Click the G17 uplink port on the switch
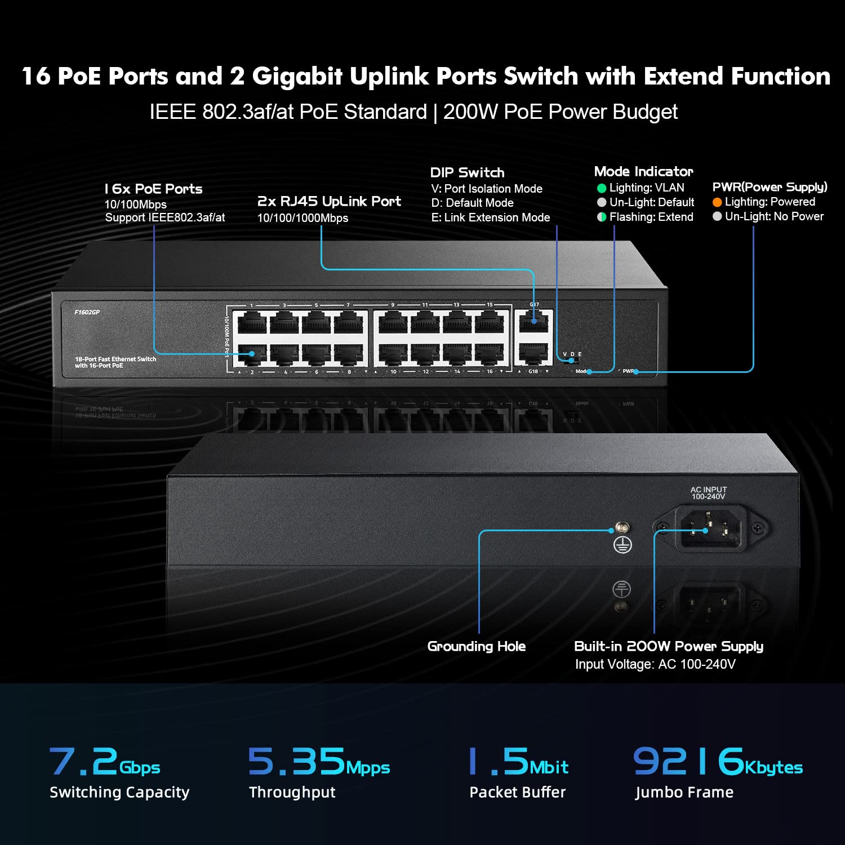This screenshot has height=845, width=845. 533,323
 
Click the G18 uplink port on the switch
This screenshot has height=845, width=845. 533,353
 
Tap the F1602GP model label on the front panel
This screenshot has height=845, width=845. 87,312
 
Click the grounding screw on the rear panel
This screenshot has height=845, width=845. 622,528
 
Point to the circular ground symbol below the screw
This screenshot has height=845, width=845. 622,545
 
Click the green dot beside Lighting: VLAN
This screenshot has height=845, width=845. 601,188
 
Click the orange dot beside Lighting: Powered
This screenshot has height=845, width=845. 717,202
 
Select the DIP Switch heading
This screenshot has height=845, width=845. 467,172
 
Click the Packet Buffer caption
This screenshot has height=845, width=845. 517,792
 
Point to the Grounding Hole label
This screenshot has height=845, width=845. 476,646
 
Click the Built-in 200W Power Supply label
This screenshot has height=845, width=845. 668,646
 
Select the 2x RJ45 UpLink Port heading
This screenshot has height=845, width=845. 329,201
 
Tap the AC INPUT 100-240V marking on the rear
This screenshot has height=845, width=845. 708,493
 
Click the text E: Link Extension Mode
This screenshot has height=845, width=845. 490,217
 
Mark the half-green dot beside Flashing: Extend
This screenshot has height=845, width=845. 601,217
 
